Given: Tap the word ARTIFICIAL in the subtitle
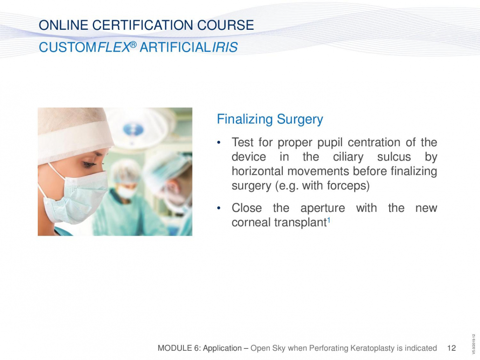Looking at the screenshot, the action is click(176, 48).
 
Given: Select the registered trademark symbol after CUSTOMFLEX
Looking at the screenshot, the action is click(133, 45).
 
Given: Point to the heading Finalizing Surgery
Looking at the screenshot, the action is click(270, 119).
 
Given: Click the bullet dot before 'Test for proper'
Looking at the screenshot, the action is click(219, 143).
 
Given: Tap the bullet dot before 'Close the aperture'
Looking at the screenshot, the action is click(219, 208).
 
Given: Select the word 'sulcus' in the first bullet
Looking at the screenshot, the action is click(394, 157).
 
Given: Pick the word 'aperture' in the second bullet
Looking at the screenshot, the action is click(322, 208).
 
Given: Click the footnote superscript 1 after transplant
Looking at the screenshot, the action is click(329, 219).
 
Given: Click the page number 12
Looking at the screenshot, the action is click(452, 348).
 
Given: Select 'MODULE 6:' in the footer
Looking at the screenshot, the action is click(179, 348).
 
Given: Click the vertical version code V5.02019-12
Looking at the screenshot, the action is click(473, 344).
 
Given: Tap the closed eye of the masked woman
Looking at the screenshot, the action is click(89, 164).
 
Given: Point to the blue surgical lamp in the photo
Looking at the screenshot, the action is click(133, 129).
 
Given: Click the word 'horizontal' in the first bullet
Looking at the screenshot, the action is click(258, 171).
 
